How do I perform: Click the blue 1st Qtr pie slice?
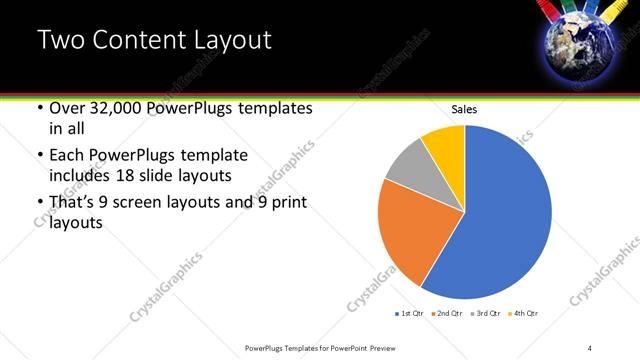point(505,215)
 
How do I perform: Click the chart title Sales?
point(464,109)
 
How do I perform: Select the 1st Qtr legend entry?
point(409,314)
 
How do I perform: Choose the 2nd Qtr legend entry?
point(447,314)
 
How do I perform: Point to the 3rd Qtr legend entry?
point(485,314)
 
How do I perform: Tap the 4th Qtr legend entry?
point(523,314)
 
